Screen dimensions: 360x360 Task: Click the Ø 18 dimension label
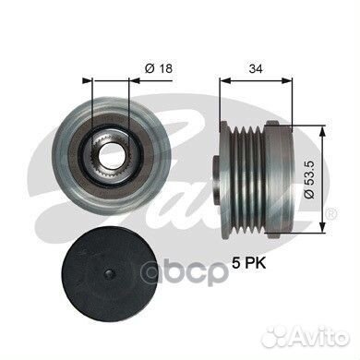[159, 68]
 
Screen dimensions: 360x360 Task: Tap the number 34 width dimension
[256, 69]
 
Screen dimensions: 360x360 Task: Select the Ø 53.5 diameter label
[309, 180]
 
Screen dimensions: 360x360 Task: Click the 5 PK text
[249, 264]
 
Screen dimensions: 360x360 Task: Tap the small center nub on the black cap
[109, 274]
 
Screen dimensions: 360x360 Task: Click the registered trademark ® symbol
[331, 214]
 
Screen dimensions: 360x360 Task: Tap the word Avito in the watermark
[320, 338]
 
